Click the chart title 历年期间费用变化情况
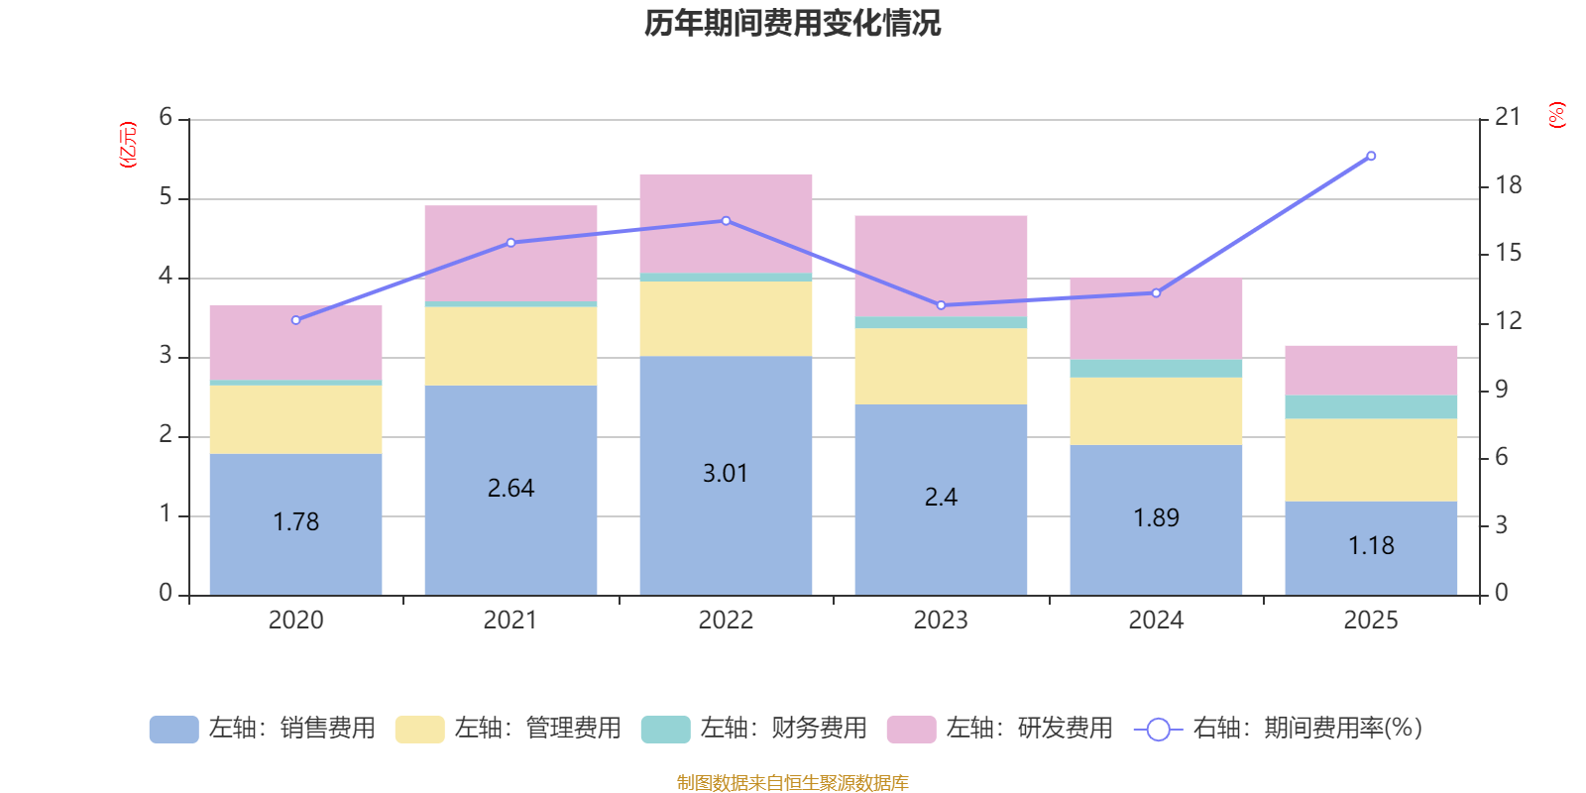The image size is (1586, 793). click(x=792, y=23)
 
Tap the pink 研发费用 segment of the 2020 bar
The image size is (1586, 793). click(x=295, y=342)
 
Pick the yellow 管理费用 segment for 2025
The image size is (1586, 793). click(x=1371, y=460)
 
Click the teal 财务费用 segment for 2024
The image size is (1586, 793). click(x=1156, y=369)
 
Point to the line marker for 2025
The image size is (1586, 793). click(x=1371, y=156)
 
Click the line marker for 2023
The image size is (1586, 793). click(x=941, y=305)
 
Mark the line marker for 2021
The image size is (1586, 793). click(x=510, y=243)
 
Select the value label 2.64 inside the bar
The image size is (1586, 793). click(x=510, y=489)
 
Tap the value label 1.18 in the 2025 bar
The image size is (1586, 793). click(x=1371, y=546)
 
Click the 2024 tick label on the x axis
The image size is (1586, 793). click(x=1156, y=621)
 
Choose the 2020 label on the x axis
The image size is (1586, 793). click(x=295, y=621)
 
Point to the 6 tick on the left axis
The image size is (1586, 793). click(x=166, y=118)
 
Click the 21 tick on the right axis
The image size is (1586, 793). click(x=1507, y=117)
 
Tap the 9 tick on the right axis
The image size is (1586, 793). click(x=1501, y=390)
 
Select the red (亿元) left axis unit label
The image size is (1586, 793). click(x=127, y=146)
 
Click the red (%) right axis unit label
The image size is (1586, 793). click(x=1556, y=115)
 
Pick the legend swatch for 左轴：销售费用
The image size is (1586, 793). click(x=173, y=729)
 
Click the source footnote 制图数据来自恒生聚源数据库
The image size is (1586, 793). click(x=792, y=783)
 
